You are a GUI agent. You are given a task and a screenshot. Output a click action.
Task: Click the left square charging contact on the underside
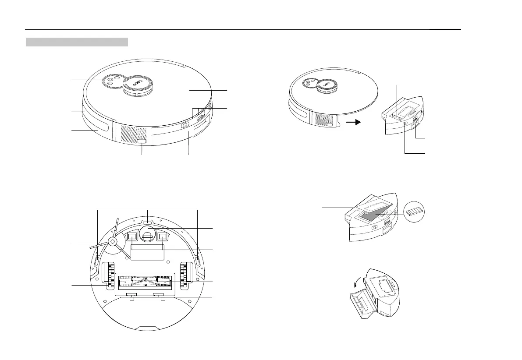tap(132, 236)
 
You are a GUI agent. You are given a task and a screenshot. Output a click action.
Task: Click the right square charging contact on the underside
tap(163, 236)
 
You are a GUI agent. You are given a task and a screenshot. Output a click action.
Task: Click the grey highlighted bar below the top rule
tap(77, 42)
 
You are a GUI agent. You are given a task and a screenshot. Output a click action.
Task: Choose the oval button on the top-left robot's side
tap(184, 125)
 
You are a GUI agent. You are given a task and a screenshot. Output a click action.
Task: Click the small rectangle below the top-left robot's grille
tap(142, 142)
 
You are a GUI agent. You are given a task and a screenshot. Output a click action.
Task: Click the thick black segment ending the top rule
tap(445, 30)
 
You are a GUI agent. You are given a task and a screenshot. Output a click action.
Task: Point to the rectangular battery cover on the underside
tap(147, 253)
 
